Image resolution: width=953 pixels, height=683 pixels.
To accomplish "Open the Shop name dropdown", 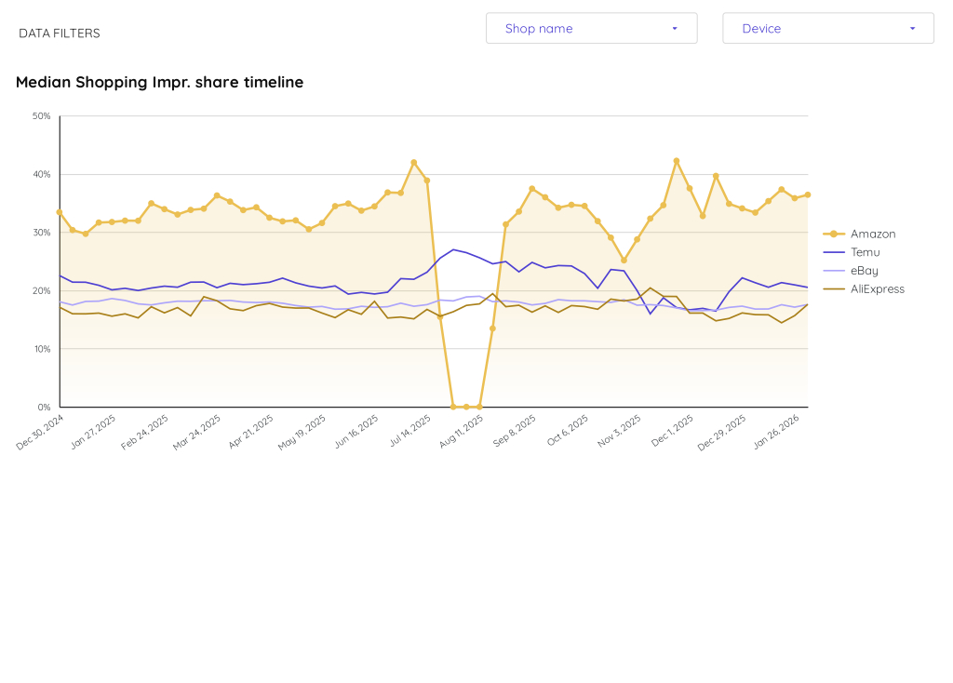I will [591, 28].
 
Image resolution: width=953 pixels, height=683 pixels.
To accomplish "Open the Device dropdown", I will [827, 28].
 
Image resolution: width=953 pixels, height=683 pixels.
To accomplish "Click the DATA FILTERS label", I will [60, 33].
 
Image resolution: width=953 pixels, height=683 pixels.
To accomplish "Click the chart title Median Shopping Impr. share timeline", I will [159, 82].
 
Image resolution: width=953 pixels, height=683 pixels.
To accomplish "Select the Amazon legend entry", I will [872, 234].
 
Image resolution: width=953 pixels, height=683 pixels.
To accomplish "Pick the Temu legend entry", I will [865, 252].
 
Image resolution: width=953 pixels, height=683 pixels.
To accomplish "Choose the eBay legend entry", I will [864, 271].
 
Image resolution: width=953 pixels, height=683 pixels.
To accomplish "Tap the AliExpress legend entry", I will [877, 289].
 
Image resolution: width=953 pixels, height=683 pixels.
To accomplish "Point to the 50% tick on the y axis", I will [42, 116].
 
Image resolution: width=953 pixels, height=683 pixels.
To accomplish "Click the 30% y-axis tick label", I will [42, 233].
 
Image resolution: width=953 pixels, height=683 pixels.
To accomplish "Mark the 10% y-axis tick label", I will [42, 349].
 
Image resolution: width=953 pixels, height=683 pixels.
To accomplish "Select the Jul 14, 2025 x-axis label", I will [411, 432].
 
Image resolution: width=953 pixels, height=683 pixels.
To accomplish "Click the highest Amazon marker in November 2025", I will [677, 161].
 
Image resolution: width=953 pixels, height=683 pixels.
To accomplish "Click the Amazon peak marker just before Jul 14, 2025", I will [414, 163].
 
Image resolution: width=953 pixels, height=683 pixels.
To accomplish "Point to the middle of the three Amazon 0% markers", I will [466, 407].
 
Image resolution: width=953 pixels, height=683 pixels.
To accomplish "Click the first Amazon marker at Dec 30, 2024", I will [60, 212].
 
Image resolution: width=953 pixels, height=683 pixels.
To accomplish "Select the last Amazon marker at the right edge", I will [807, 194].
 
